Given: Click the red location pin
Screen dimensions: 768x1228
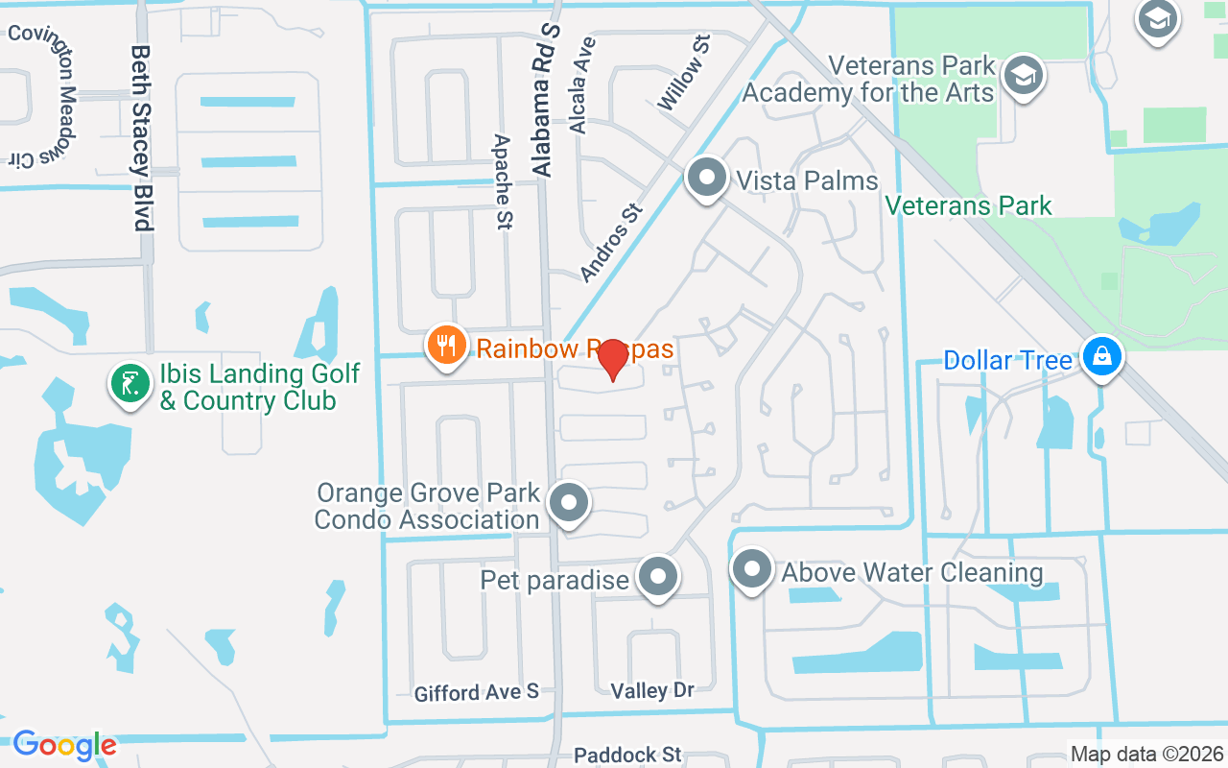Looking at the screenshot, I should pyautogui.click(x=613, y=360).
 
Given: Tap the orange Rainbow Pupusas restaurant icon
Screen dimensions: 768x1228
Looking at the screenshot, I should pyautogui.click(x=446, y=346).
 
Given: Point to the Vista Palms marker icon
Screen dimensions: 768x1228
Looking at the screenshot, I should pyautogui.click(x=707, y=178).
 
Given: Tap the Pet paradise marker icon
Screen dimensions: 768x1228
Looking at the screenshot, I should pyautogui.click(x=657, y=577).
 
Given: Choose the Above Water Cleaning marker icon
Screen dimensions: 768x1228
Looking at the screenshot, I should pyautogui.click(x=752, y=569).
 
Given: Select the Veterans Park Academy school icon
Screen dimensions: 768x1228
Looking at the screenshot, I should pyautogui.click(x=1024, y=75).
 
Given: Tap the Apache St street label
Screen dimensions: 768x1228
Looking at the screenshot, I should pyautogui.click(x=502, y=181).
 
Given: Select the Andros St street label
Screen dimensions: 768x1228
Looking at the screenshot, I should pyautogui.click(x=610, y=240).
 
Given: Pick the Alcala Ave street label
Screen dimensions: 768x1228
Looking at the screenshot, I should pyautogui.click(x=582, y=84).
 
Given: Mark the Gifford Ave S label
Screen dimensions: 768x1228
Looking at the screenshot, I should pyautogui.click(x=476, y=691).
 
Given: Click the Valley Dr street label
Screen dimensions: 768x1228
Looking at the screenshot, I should pyautogui.click(x=651, y=689).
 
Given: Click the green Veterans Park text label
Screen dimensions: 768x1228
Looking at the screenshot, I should pyautogui.click(x=968, y=205).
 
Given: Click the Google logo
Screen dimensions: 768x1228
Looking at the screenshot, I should pyautogui.click(x=64, y=745).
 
